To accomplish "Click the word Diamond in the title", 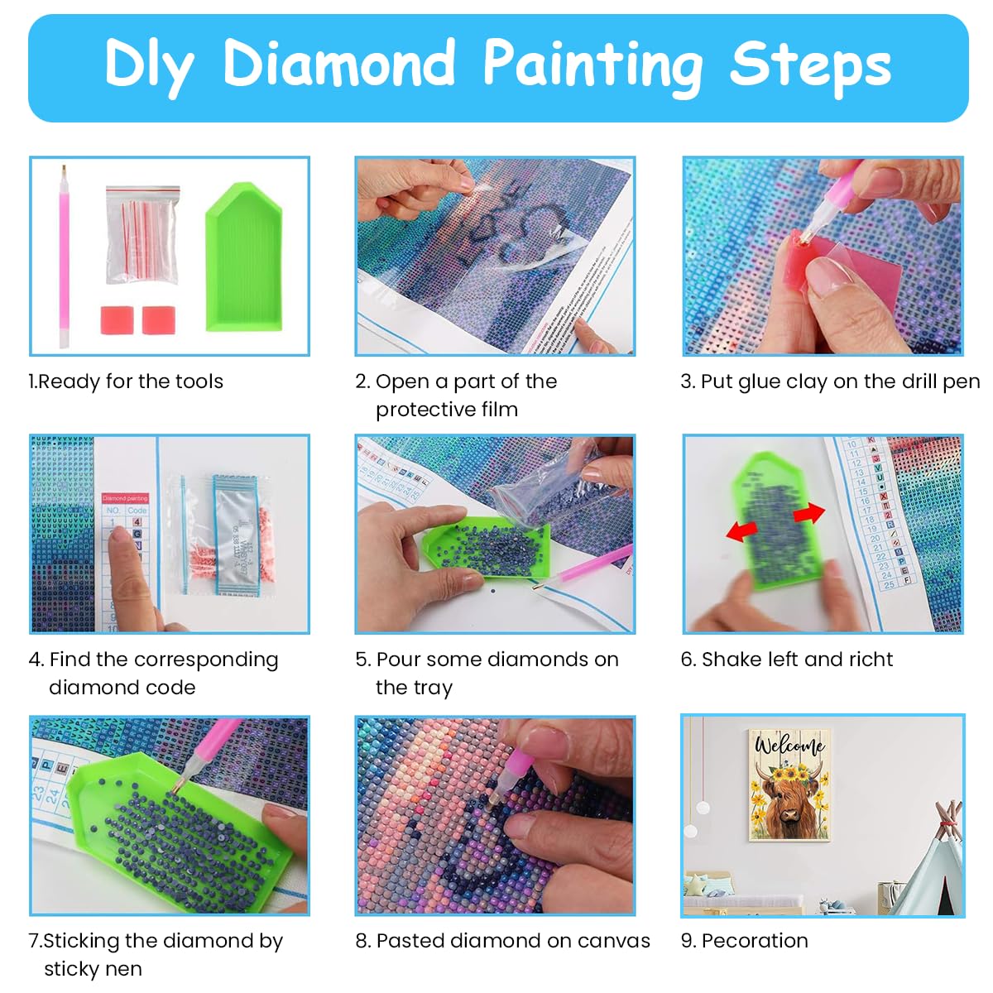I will [x=339, y=63].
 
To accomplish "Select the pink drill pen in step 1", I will [x=64, y=257].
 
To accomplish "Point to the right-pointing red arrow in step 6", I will [x=808, y=514].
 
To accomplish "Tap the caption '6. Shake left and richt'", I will [x=786, y=660].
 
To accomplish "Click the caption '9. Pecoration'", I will [x=744, y=941].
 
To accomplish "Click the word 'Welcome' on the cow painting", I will [x=789, y=746].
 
